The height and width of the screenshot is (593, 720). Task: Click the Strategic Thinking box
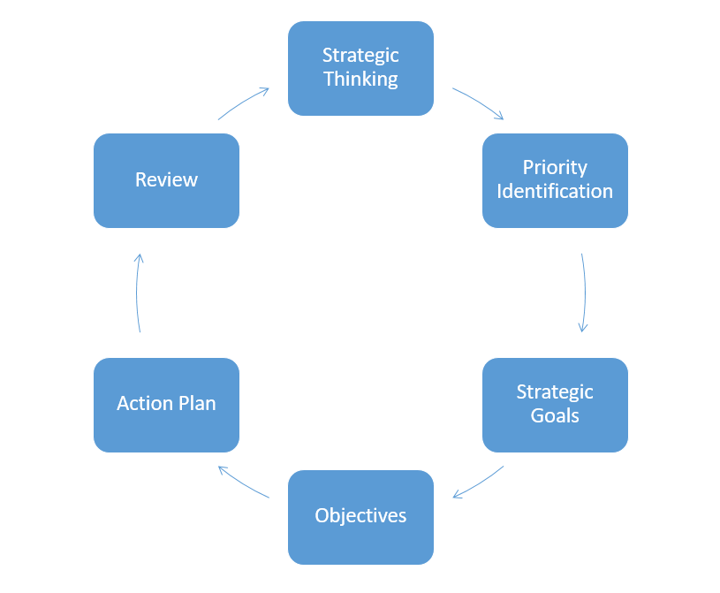pos(360,68)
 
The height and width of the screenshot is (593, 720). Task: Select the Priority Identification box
pos(555,180)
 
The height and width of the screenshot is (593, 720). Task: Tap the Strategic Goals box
pos(555,405)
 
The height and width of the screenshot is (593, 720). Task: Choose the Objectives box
pos(360,517)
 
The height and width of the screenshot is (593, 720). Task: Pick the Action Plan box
pos(166,405)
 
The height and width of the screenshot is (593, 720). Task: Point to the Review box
pos(166,180)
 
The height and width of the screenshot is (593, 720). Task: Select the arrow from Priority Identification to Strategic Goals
pos(584,293)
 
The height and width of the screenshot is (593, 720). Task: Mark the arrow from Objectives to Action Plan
pos(243,482)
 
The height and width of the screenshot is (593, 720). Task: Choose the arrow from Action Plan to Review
pos(138,293)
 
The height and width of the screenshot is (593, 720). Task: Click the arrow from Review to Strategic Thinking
pos(243,103)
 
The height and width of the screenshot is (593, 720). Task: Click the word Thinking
pos(360,80)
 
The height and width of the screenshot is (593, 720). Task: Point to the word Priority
pos(555,168)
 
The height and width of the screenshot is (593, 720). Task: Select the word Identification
pos(555,192)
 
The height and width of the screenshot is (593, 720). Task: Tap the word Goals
pos(555,416)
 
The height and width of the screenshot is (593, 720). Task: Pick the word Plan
pos(196,404)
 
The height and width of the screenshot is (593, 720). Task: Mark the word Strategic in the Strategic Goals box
pos(555,392)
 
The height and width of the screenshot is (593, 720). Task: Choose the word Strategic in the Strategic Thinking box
pos(360,56)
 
